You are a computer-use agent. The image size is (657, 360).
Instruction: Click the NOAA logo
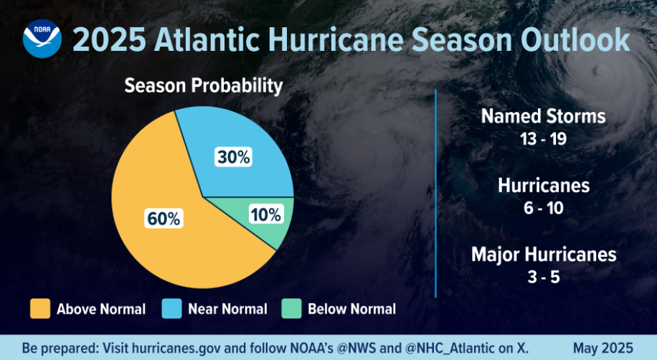[x=42, y=40]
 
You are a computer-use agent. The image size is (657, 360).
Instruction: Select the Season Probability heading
[x=204, y=86]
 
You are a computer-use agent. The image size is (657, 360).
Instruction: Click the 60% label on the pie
[x=164, y=219]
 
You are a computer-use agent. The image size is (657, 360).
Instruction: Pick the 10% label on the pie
[x=265, y=214]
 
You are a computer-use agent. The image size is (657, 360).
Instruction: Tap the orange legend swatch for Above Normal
[x=40, y=309]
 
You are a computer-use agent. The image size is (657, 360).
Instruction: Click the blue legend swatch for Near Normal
[x=171, y=309]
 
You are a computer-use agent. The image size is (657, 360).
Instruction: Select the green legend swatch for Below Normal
[x=290, y=309]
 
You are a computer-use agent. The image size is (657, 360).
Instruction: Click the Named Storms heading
[x=543, y=116]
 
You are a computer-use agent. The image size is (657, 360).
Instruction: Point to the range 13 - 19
[x=543, y=138]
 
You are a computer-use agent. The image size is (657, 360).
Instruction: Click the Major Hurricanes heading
[x=543, y=255]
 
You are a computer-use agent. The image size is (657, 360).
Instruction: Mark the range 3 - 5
[x=543, y=277]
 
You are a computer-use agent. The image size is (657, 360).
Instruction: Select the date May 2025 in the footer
[x=602, y=348]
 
